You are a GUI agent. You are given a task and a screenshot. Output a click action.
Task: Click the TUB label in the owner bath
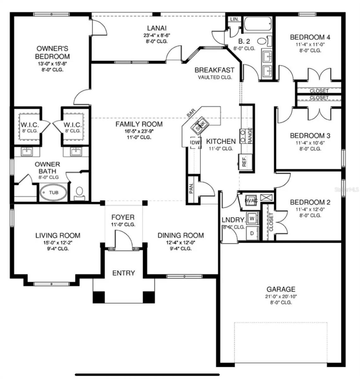pyautogui.click(x=53, y=192)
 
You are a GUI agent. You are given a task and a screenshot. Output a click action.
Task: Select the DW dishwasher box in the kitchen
pyautogui.click(x=195, y=143)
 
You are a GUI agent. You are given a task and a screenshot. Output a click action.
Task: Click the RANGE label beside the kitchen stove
pyautogui.click(x=250, y=135)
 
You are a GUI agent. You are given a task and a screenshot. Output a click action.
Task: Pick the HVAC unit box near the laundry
pyautogui.click(x=251, y=201)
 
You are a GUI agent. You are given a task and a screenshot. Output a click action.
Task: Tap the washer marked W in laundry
pyautogui.click(x=252, y=218)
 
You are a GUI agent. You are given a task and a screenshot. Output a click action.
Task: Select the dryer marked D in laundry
pyautogui.click(x=252, y=233)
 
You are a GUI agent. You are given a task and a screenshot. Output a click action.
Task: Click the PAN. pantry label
pyautogui.click(x=191, y=189)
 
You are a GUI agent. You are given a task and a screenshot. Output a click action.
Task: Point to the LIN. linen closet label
pyautogui.click(x=234, y=19)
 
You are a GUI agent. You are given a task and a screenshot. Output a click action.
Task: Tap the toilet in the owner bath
pyautogui.click(x=80, y=191)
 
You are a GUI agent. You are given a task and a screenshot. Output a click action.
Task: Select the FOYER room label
pyautogui.click(x=123, y=217)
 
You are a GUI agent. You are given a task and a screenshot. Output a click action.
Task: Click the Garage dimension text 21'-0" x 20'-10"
pyautogui.click(x=281, y=297)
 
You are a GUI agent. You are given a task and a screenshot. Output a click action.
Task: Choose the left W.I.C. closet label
pyautogui.click(x=30, y=125)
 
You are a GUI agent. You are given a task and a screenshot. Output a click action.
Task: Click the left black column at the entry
pyautogui.click(x=99, y=297)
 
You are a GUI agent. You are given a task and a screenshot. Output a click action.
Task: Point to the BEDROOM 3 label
pyautogui.click(x=310, y=136)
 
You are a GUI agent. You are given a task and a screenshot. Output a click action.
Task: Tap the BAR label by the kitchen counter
pyautogui.click(x=191, y=113)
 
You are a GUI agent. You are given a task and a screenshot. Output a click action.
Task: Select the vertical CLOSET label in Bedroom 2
pyautogui.click(x=271, y=222)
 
